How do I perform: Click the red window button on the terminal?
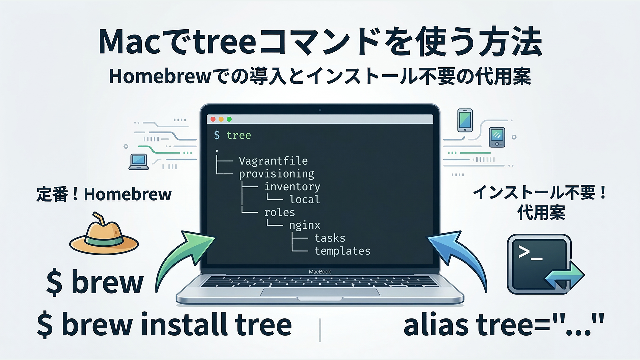(x=213, y=119)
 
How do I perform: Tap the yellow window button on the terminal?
(x=221, y=119)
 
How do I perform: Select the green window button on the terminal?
(x=229, y=119)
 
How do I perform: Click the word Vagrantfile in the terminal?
(x=273, y=161)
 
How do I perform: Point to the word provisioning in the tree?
(x=277, y=174)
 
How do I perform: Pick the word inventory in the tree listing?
(x=292, y=187)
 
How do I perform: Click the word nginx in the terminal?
(x=305, y=226)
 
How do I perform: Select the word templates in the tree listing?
(x=342, y=251)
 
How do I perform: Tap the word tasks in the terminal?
(x=330, y=238)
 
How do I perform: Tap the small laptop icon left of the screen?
(x=139, y=162)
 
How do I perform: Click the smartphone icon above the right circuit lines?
(x=465, y=120)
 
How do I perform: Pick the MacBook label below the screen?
(x=320, y=272)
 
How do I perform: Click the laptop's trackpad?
(x=320, y=292)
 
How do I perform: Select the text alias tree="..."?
(x=504, y=324)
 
